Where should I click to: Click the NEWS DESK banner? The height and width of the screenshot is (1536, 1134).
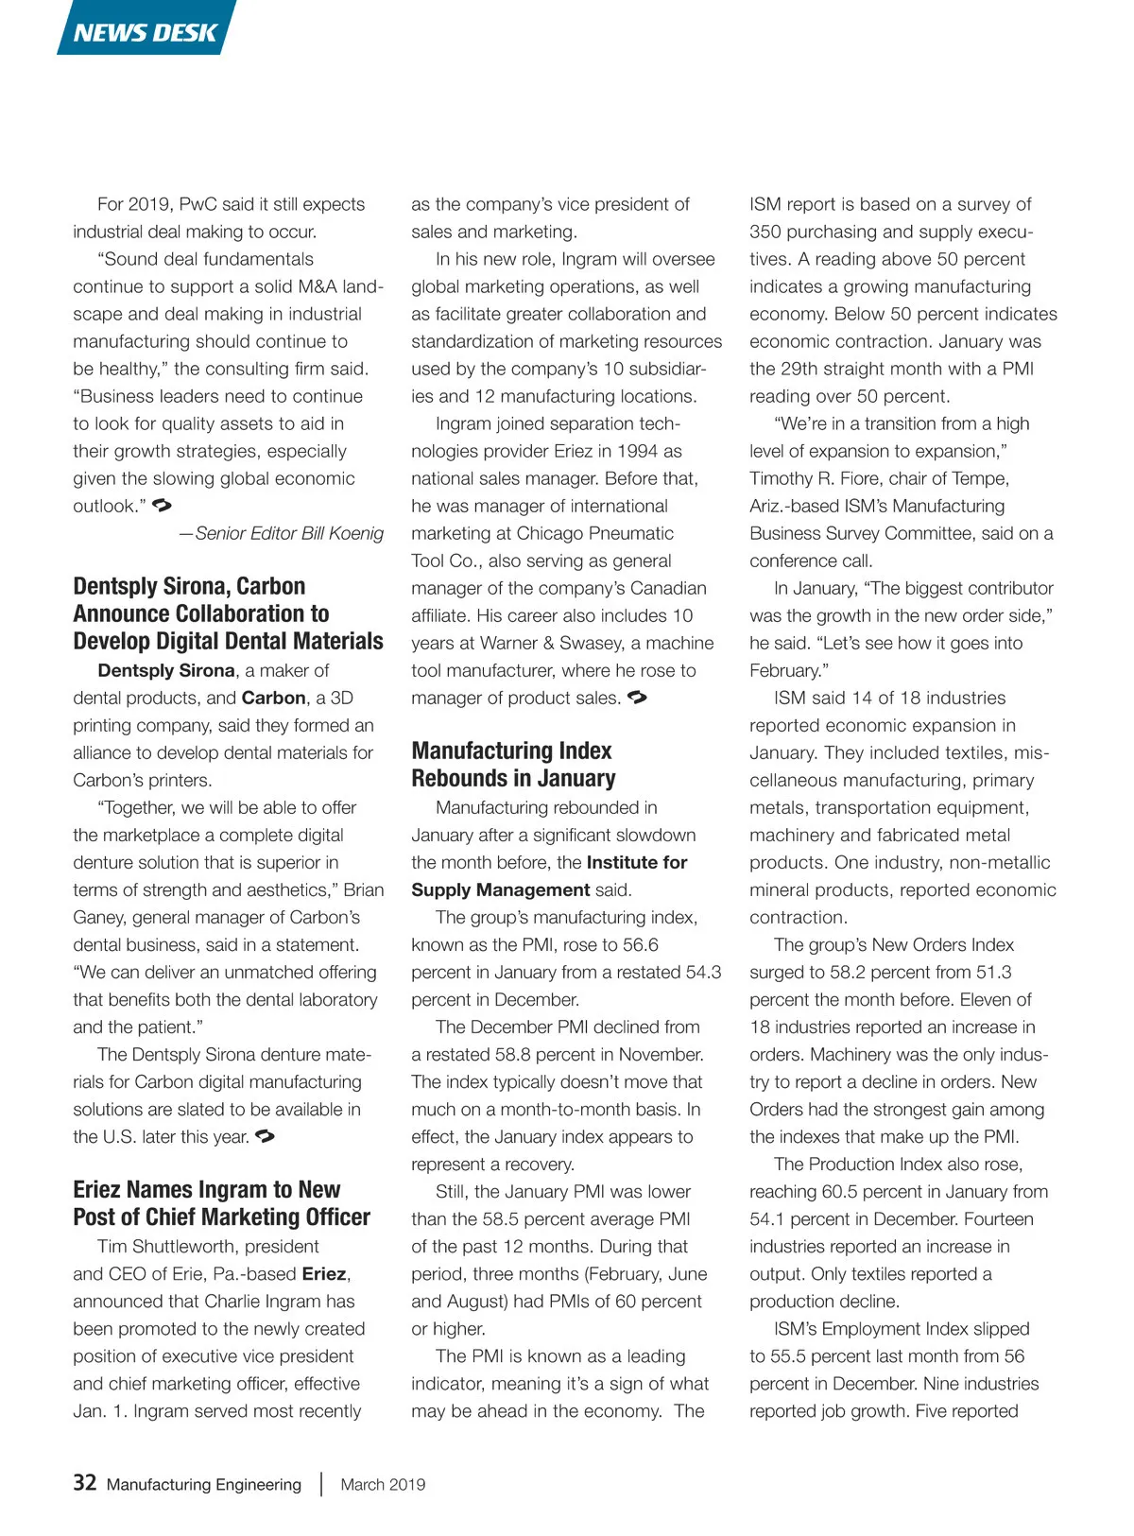146,31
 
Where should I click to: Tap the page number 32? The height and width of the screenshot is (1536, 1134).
84,1482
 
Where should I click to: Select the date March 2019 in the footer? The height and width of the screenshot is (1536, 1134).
383,1484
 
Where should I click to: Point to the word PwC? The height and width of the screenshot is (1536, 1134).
198,204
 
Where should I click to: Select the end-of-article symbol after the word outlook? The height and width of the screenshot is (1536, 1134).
162,506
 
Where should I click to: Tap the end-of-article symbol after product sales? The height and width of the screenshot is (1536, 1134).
637,698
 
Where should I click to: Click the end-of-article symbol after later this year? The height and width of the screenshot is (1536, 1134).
265,1136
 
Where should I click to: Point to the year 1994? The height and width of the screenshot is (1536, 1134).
637,451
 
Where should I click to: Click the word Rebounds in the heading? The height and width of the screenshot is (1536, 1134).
458,779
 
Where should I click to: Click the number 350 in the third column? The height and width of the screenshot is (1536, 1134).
765,232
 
